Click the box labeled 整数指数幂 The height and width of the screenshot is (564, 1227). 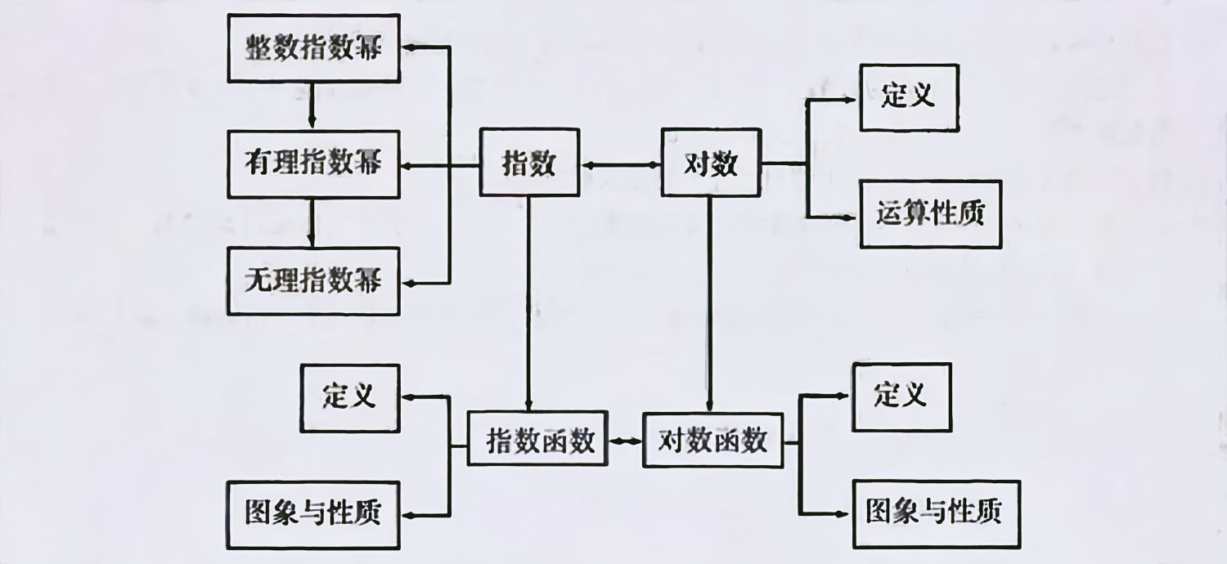coord(313,48)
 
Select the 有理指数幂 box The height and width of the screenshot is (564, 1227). coord(313,164)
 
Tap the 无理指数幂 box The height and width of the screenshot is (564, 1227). coord(313,281)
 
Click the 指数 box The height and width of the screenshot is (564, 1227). coord(528,163)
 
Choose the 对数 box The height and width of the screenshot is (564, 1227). coord(710,163)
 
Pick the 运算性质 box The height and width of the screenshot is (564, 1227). coord(930,214)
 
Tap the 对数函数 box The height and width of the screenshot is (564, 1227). coord(713,441)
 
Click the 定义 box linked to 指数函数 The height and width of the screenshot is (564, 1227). coord(350,397)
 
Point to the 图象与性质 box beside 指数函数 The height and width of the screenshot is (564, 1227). coord(313,514)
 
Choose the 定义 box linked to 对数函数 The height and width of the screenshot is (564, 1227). coord(901,396)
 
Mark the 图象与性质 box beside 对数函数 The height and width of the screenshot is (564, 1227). coord(936,513)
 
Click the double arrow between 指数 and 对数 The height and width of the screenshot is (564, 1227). coord(619,164)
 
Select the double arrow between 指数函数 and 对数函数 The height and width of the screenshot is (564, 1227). coord(626,441)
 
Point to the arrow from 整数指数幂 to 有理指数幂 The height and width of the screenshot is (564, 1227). coord(312,104)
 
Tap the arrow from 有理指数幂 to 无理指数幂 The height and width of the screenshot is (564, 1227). coord(312,222)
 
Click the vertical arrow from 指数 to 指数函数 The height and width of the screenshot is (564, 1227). coord(528,302)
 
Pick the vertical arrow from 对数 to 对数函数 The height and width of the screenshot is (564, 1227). coord(709,302)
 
